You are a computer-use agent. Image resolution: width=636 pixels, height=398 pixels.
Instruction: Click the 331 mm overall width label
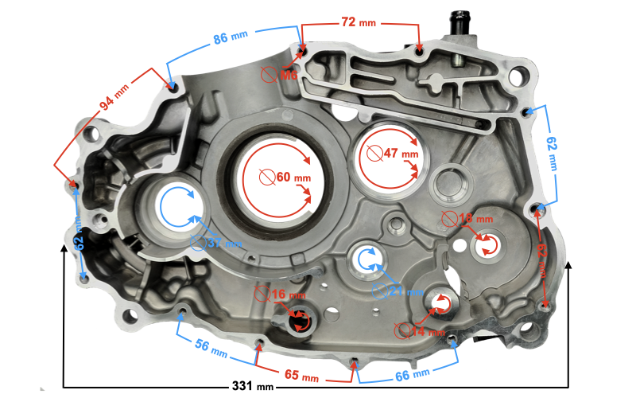[x=253, y=385]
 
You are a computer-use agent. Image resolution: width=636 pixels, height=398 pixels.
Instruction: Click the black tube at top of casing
[x=462, y=21]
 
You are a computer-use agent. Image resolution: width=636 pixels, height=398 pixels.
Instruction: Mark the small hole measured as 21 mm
[x=366, y=258]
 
